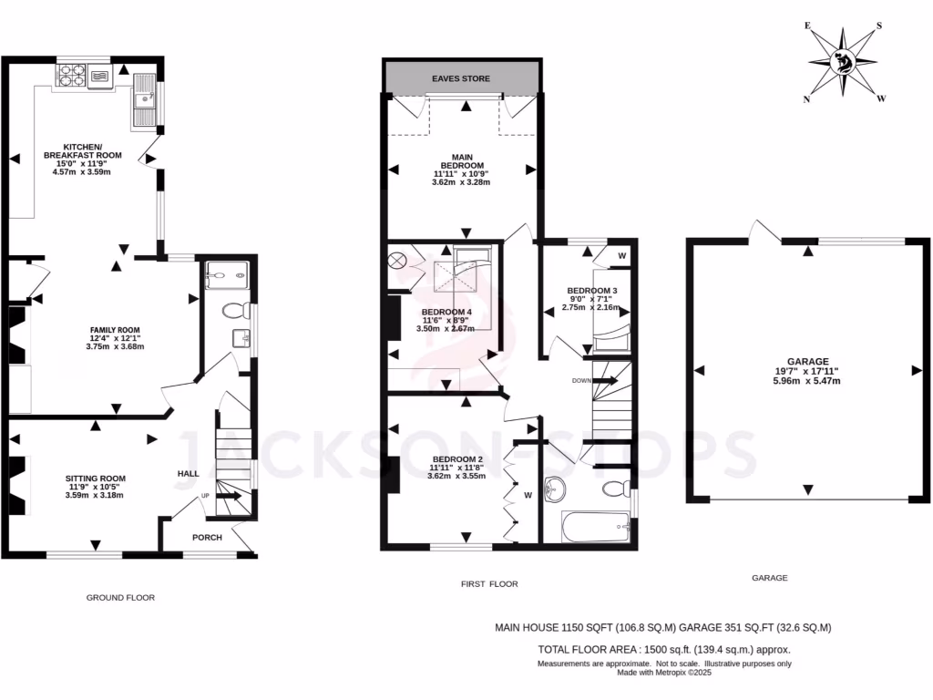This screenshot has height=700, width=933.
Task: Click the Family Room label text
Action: [x=115, y=330]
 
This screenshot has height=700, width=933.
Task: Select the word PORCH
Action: [x=207, y=538]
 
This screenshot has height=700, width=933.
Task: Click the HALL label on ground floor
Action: [x=188, y=474]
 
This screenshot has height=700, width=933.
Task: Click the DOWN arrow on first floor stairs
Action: [x=605, y=380]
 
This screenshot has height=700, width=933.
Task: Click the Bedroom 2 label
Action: [x=456, y=458]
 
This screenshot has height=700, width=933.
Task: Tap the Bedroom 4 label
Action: [x=446, y=313]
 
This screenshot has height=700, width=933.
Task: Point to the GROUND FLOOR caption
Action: [x=120, y=598]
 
